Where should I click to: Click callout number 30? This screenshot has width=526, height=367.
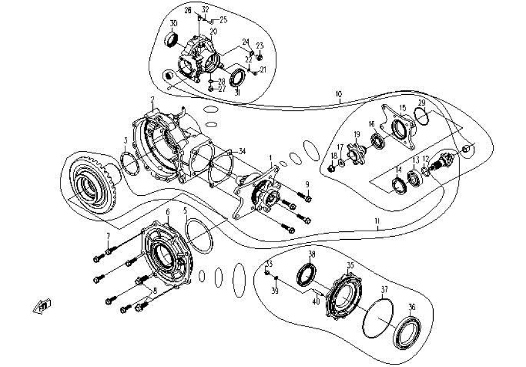174,23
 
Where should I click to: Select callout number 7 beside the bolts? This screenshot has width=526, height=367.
109,236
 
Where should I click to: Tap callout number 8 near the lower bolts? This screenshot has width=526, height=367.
154,291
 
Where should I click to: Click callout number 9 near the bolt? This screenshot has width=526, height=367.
308,185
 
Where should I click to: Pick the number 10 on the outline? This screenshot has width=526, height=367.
338,95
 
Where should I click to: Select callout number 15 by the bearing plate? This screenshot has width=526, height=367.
402,108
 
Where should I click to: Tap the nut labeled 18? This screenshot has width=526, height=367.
332,167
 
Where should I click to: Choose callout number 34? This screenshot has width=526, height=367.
242,150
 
